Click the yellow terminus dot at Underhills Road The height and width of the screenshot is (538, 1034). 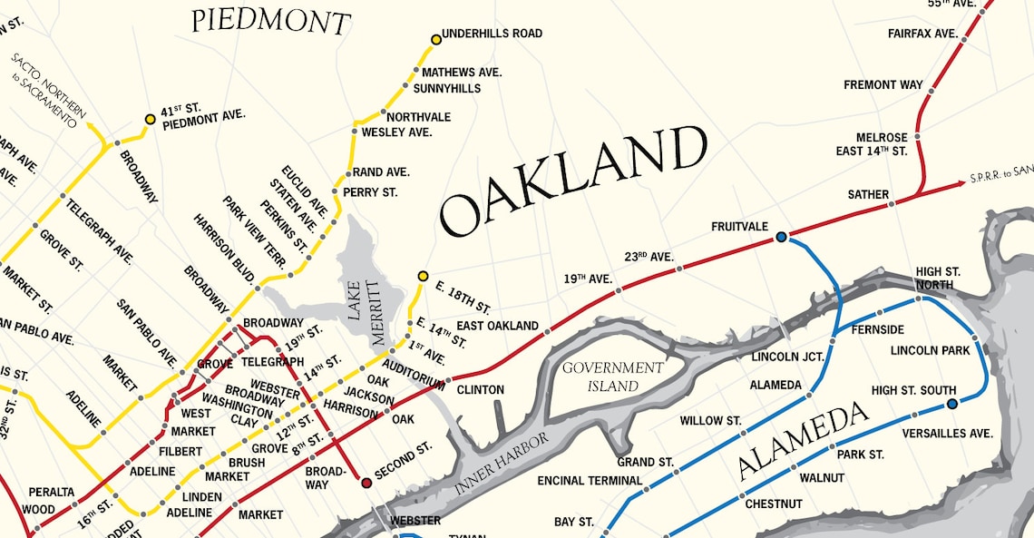coord(436,39)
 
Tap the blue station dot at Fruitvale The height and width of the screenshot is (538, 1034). coord(781,238)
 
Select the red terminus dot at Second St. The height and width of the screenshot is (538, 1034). coord(366,483)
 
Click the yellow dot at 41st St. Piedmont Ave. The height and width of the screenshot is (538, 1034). coord(151,119)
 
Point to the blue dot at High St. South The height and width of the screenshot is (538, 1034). coord(951,404)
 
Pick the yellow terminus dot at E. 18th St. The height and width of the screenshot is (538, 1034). coord(423,276)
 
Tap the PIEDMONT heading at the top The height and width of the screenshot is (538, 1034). coord(270,21)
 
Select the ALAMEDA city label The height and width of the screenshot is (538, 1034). coord(804,442)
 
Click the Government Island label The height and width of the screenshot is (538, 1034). coord(613,377)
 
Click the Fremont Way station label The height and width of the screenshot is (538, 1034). coord(883,85)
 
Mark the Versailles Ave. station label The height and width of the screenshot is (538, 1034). coord(948,434)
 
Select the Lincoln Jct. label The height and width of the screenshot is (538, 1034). coord(787,357)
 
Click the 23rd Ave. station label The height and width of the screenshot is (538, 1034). coord(649,257)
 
